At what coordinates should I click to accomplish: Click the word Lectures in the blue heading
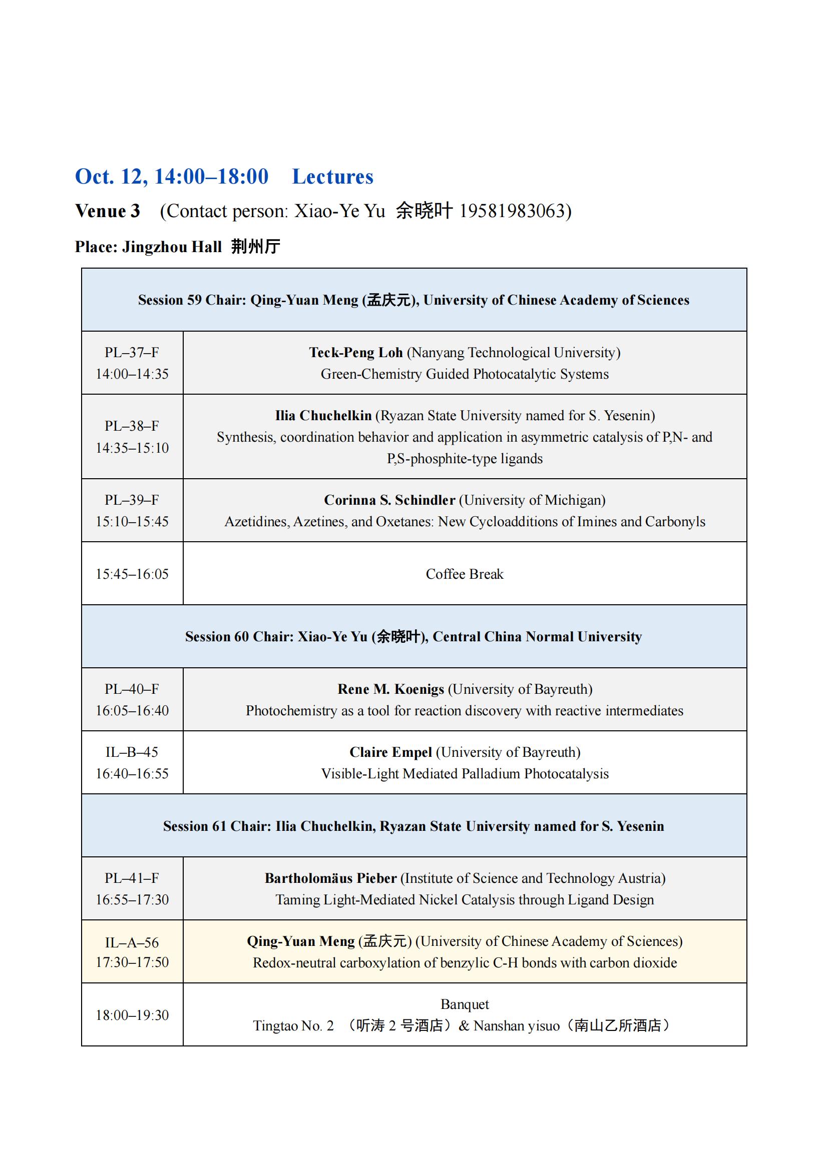tap(332, 177)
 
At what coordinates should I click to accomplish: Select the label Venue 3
tap(108, 211)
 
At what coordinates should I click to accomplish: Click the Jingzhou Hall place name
tap(172, 247)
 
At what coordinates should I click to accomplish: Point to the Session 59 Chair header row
tap(413, 300)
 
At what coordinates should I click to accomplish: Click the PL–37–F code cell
tap(132, 353)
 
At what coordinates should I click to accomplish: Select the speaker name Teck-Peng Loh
tap(356, 353)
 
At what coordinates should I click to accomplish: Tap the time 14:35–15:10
tap(132, 448)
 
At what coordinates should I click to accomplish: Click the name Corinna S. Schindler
tap(389, 500)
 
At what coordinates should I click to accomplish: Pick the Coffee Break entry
tap(465, 574)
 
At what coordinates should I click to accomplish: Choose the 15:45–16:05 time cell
tap(132, 574)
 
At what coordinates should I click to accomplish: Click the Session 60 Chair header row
tap(413, 637)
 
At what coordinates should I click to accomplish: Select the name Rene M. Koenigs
tap(390, 689)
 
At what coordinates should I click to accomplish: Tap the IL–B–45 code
tap(132, 752)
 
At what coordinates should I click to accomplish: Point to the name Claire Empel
tap(390, 753)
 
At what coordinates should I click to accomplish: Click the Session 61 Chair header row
tap(413, 826)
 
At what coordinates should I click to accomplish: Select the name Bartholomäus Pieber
tap(330, 878)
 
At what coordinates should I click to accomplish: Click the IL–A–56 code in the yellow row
tap(132, 943)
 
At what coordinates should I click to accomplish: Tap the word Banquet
tap(465, 1004)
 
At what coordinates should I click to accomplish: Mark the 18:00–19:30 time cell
tap(132, 1015)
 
